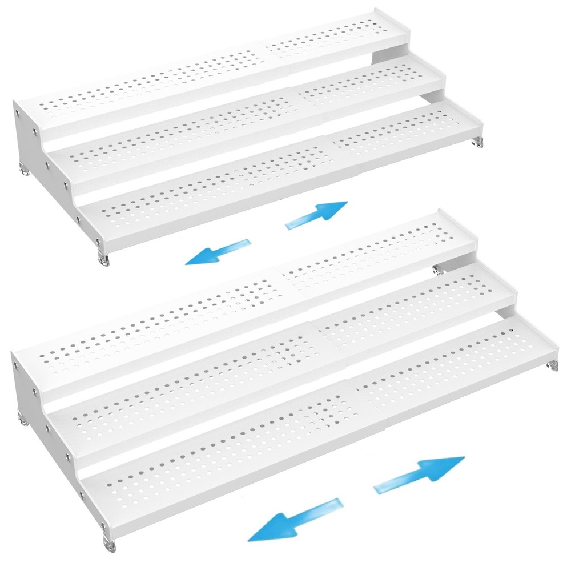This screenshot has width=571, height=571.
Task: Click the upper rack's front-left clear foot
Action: tap(103, 257)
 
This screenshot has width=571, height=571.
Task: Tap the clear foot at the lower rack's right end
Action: tap(552, 366)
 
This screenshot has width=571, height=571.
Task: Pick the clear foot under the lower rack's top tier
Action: tap(439, 267)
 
